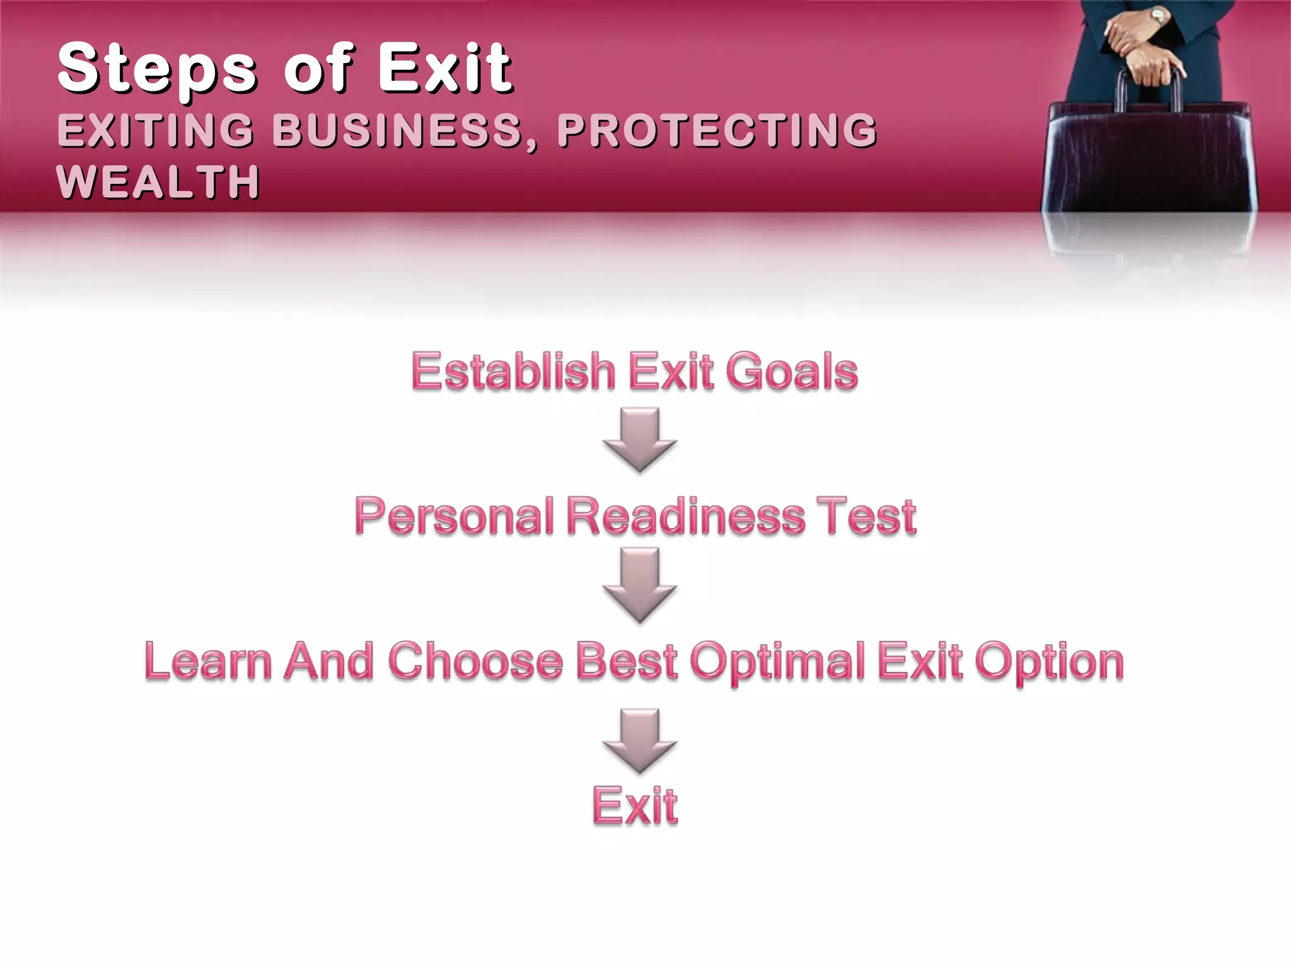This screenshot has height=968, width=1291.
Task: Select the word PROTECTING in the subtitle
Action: [717, 130]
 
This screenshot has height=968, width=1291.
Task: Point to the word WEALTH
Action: [158, 182]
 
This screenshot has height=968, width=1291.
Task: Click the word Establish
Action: [513, 371]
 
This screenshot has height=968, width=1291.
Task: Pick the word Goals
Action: [792, 371]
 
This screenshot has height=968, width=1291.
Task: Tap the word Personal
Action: [454, 516]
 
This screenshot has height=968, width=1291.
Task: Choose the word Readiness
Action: [686, 516]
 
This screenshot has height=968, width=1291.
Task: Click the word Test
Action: [866, 516]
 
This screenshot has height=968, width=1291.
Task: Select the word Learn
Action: [208, 661]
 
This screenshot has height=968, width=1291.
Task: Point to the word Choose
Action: [475, 661]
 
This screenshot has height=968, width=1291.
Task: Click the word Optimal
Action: [778, 662]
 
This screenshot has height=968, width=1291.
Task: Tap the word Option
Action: [1049, 662]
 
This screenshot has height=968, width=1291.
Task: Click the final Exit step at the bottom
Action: [635, 806]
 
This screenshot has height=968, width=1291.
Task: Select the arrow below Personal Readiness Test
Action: [639, 584]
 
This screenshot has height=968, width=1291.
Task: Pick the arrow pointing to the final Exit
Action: [639, 740]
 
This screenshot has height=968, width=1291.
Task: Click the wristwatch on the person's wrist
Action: [1159, 16]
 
